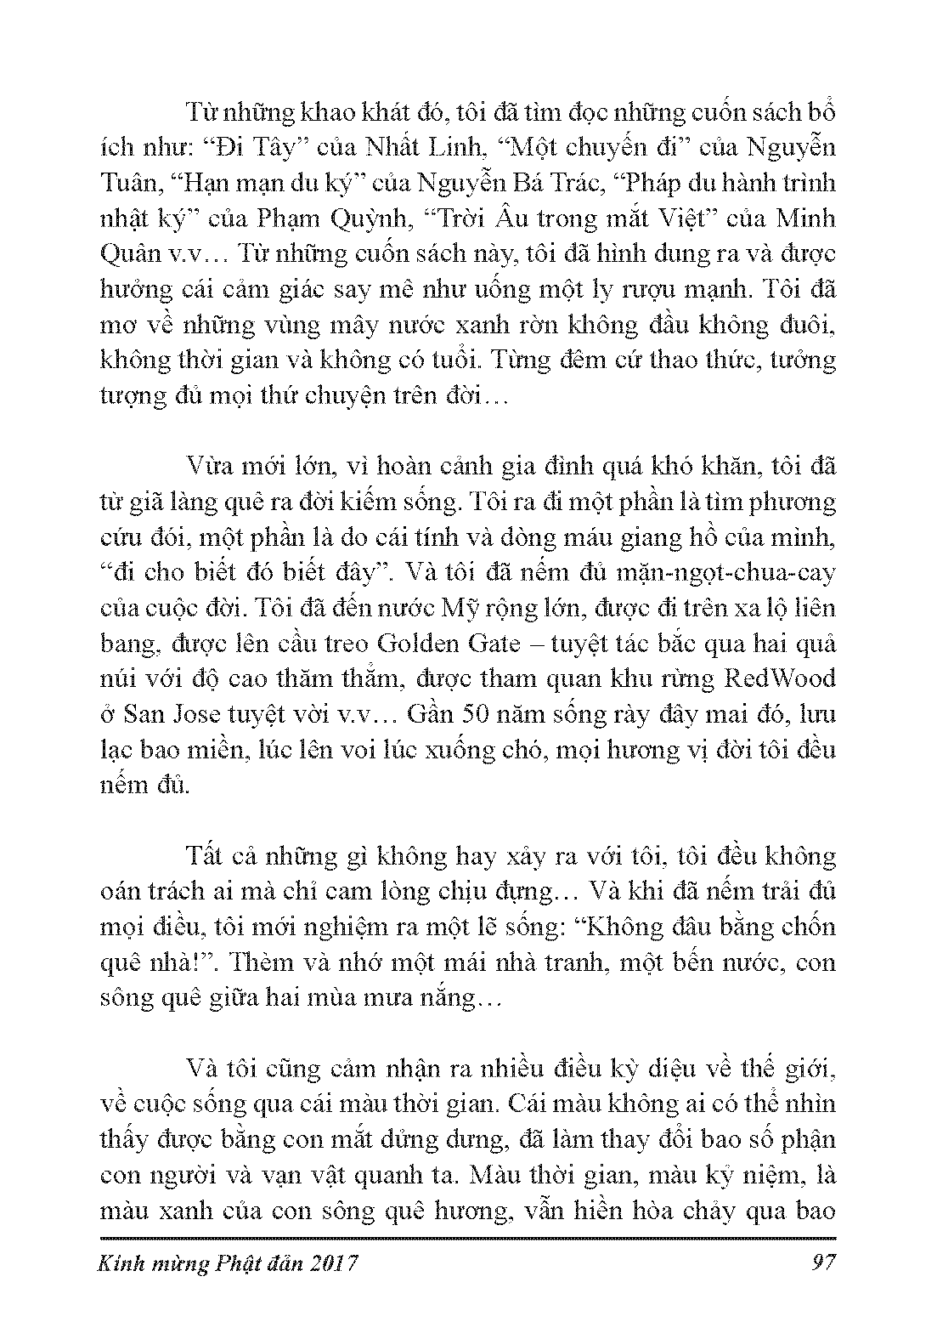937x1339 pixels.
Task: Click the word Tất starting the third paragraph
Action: pyautogui.click(x=201, y=855)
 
